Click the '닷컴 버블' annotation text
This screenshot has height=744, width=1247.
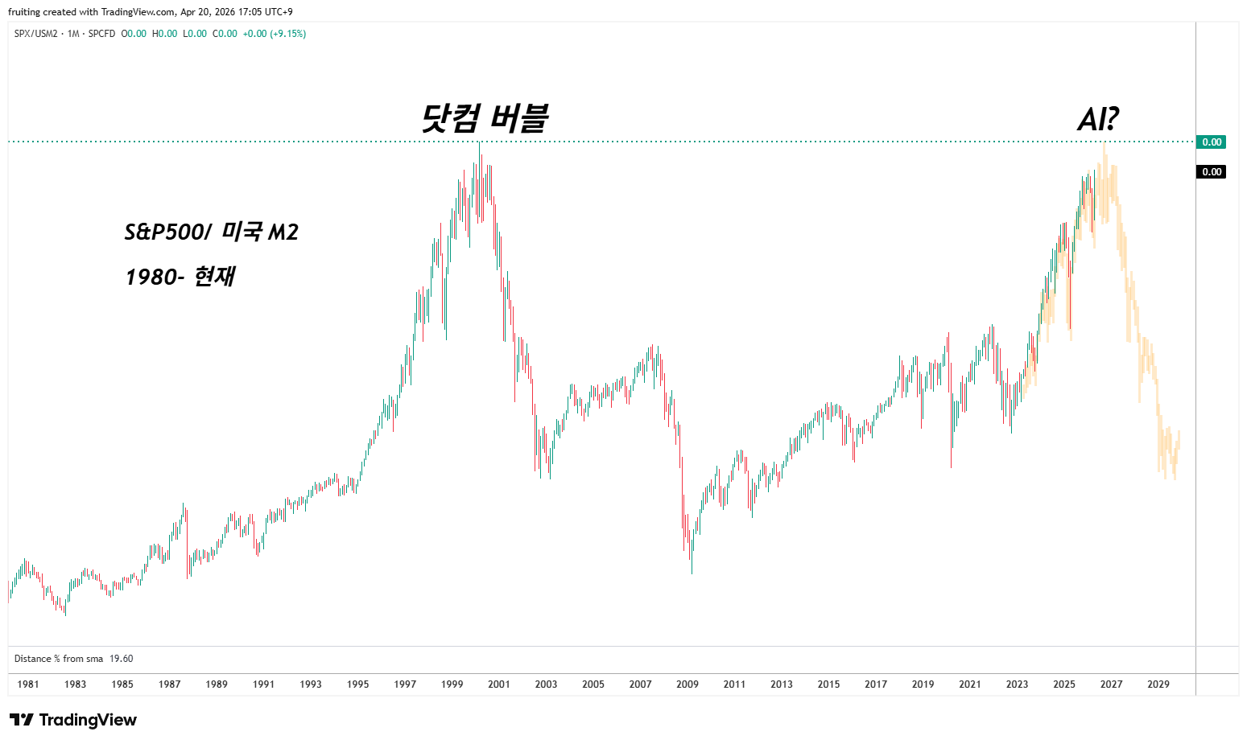pos(485,118)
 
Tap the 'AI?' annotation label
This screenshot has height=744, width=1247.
pos(1098,120)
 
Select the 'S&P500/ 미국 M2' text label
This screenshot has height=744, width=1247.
pos(211,232)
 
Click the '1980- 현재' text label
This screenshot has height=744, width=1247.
pos(180,277)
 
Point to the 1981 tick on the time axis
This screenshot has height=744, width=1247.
pos(28,684)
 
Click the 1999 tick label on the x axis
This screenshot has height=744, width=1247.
pos(452,684)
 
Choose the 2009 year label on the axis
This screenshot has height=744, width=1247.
pos(688,684)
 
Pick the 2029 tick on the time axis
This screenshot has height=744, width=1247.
pos(1158,684)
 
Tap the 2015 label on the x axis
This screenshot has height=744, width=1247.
pos(828,684)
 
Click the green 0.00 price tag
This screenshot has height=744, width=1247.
pos(1212,142)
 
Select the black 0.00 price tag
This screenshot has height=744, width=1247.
pos(1212,172)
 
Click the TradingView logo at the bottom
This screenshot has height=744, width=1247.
pos(73,720)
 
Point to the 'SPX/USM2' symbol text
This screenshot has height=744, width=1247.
pos(36,34)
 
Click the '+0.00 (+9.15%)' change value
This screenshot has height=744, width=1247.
pos(274,34)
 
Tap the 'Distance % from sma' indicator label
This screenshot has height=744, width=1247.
pos(59,659)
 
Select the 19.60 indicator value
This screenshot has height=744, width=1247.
pos(122,659)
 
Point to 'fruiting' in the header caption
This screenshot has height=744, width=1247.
pos(24,12)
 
